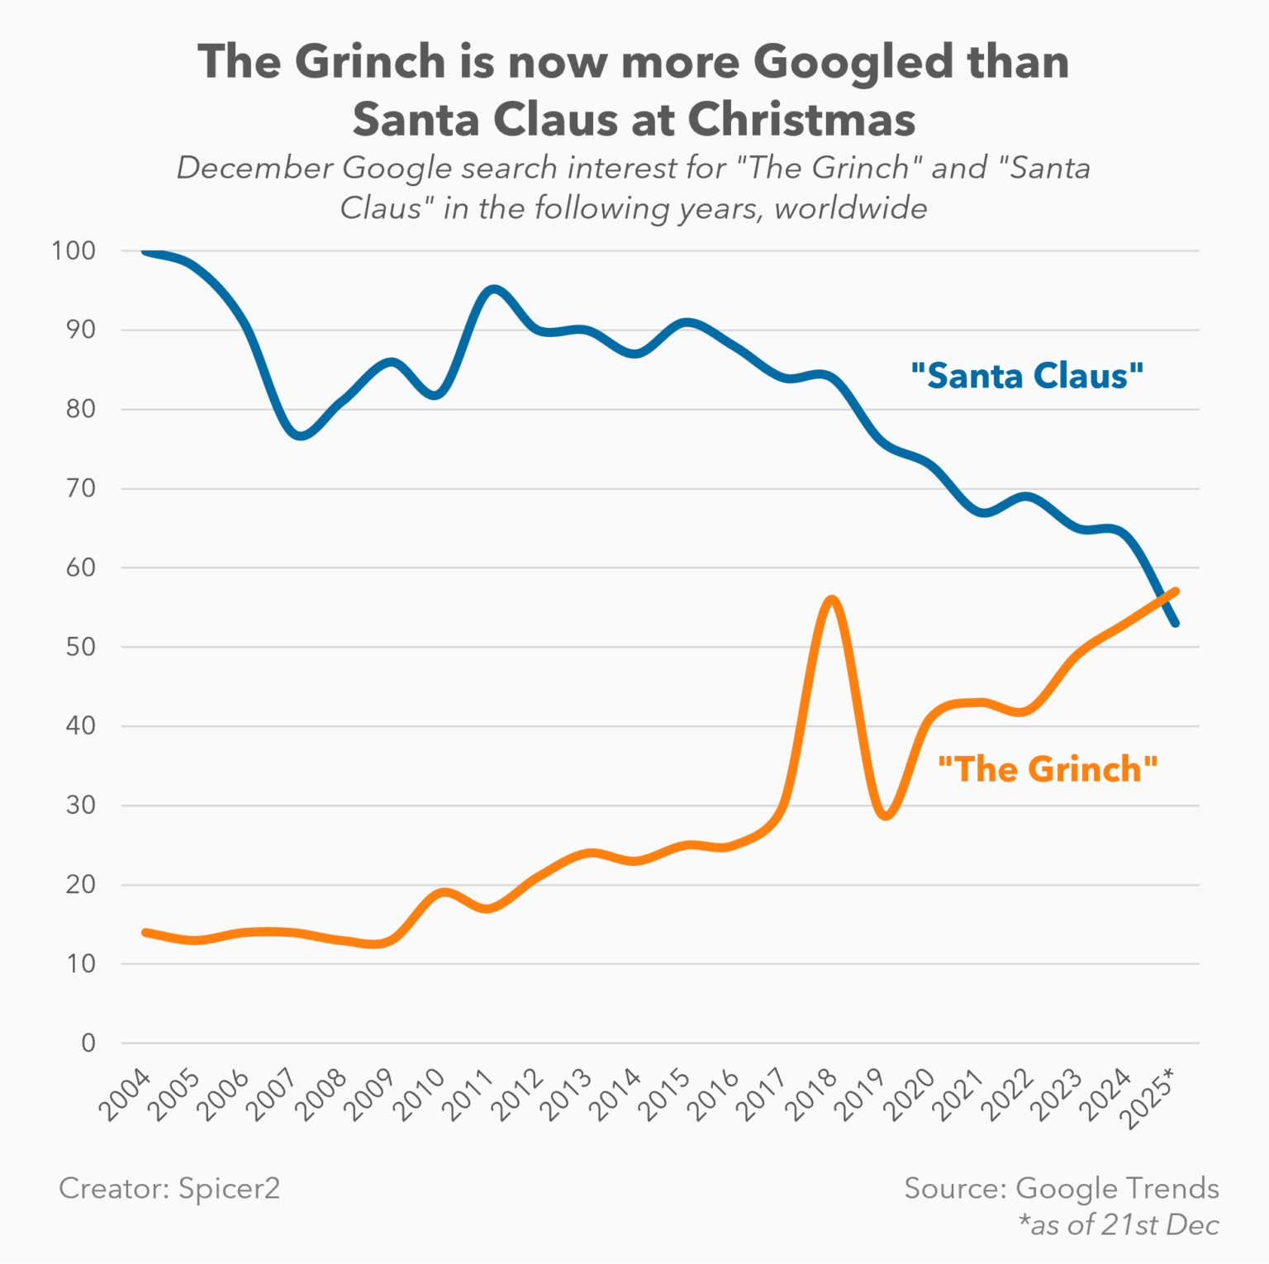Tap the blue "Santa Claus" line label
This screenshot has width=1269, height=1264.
pos(1026,376)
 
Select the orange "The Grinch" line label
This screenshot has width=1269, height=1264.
pos(1048,769)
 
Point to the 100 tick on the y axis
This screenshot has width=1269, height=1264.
pos(74,250)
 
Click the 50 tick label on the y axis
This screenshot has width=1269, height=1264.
pos(81,647)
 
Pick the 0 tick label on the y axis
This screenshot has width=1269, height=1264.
pos(88,1043)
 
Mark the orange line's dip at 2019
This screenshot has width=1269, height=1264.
pos(886,815)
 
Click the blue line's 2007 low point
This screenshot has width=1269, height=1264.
pos(300,435)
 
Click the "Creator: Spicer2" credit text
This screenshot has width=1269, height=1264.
pos(169,1189)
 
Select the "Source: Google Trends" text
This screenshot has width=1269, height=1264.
pos(1062,1188)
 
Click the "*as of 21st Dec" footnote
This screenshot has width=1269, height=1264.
pos(1119,1224)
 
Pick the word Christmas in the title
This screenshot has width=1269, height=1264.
pos(801,120)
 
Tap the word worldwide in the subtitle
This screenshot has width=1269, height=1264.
pos(850,208)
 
